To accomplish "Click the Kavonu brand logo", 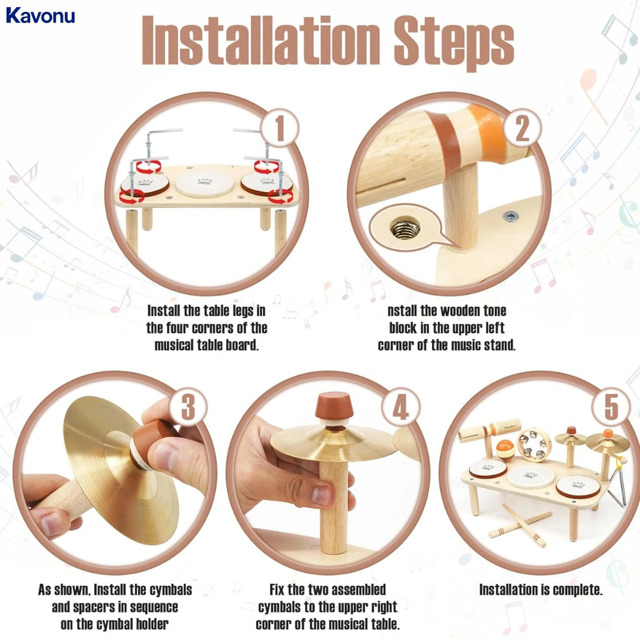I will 40,15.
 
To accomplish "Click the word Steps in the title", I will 451,40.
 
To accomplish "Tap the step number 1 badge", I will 279,129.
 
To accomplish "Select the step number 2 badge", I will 521,129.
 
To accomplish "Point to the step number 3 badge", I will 188,408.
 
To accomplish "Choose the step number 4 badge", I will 401,408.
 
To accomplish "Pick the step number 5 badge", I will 610,408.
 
